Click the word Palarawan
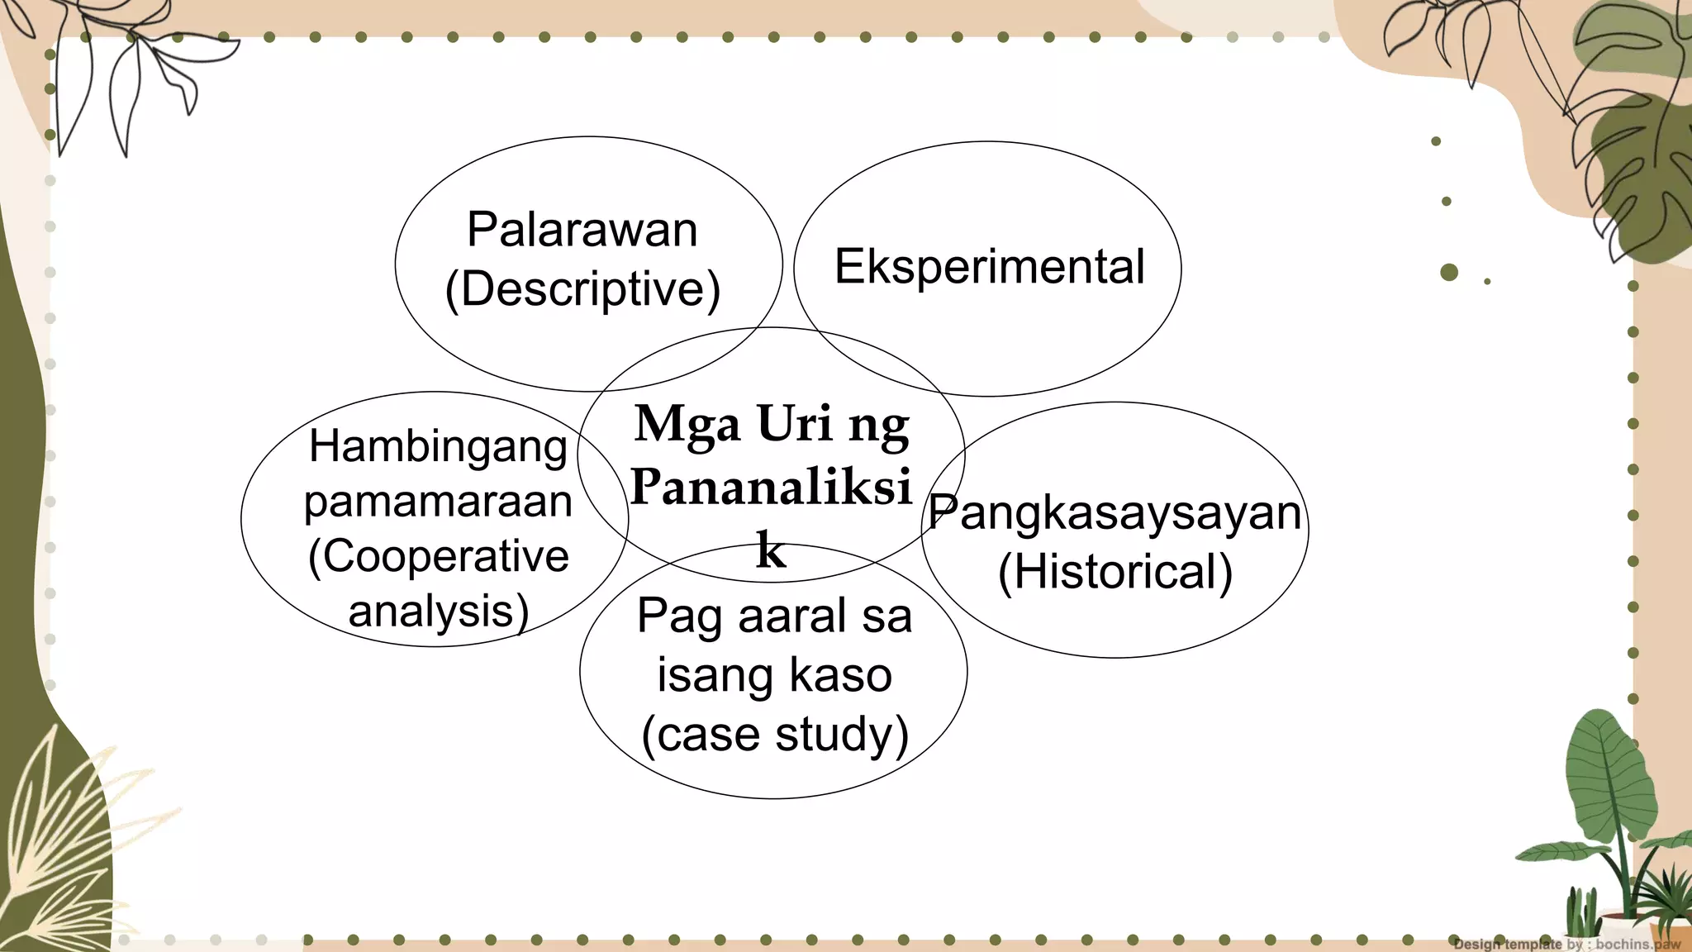point(582,230)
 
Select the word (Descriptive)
point(582,289)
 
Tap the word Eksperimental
point(989,267)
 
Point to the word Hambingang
point(438,447)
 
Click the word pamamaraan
point(438,502)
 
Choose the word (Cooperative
point(438,556)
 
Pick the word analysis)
point(438,612)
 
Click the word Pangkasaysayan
point(1115,512)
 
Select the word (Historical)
point(1115,572)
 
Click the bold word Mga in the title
point(687,425)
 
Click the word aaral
point(793,616)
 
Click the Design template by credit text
point(1566,944)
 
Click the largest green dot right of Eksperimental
point(1448,272)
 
